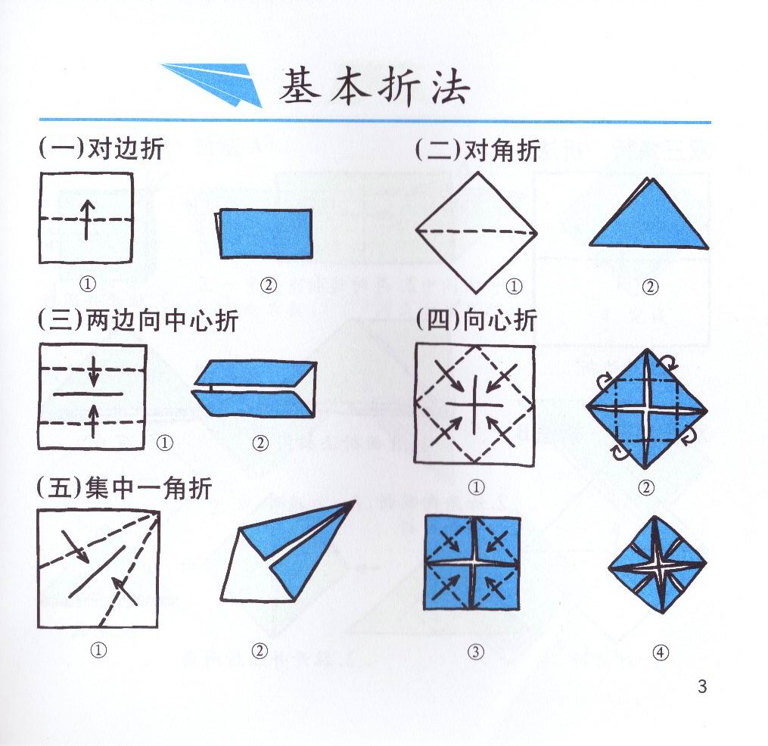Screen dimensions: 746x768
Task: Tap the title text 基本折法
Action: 375,88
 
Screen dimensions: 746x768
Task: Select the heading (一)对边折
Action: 101,149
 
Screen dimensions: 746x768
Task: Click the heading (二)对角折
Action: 477,151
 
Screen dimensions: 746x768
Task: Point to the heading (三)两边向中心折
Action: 138,321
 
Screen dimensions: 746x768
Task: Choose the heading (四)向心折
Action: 476,321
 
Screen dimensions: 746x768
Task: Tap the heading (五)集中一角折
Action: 125,489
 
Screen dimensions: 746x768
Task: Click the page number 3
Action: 701,687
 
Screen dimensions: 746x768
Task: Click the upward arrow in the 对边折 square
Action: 87,219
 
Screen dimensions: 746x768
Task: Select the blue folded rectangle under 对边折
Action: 265,232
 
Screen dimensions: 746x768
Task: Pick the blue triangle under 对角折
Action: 649,219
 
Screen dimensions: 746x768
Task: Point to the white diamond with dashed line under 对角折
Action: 477,232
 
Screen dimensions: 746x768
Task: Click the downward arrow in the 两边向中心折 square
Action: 94,370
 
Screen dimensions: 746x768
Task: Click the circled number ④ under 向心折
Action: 661,654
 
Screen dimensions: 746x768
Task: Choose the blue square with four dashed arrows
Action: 473,563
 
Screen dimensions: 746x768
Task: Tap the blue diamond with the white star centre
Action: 657,564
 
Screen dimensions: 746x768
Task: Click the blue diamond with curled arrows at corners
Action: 645,409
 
